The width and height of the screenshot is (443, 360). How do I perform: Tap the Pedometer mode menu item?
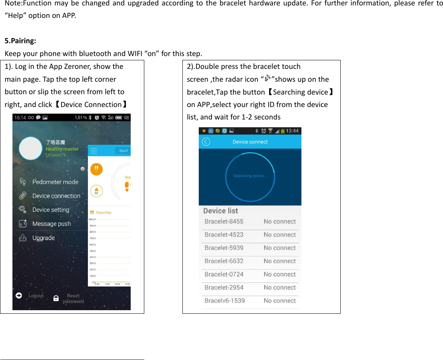coord(55,182)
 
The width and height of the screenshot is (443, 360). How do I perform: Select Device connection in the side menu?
coord(56,196)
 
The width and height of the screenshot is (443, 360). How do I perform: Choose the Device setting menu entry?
coord(51,210)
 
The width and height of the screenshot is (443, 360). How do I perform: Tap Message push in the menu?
coord(52,224)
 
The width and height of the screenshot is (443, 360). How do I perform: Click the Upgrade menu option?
coord(44,238)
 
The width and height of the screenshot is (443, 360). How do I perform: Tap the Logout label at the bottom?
coord(36,296)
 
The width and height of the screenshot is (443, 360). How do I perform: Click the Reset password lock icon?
coord(56,299)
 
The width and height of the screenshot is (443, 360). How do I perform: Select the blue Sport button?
coord(123,151)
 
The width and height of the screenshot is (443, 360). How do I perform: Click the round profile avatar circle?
coord(30,148)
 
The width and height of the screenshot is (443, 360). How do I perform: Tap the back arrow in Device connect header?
coord(206,142)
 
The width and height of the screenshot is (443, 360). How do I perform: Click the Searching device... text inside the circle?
coord(250,176)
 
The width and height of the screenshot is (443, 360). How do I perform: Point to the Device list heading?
coord(221,211)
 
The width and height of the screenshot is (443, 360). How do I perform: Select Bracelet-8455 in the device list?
coord(224,221)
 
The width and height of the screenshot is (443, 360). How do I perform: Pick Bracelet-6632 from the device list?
coord(224,261)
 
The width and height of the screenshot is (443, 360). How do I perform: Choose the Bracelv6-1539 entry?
coord(225,301)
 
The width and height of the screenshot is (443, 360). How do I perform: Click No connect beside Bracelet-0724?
coord(280,274)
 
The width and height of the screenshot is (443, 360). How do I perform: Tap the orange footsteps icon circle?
coord(96,169)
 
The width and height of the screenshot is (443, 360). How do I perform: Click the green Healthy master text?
coord(62,149)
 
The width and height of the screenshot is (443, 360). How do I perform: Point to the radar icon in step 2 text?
coord(267,79)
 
